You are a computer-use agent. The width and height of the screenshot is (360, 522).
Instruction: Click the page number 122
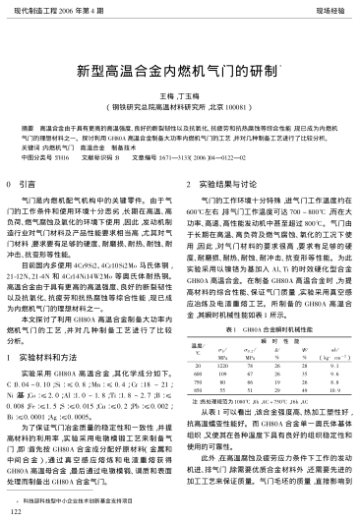point(14,511)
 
